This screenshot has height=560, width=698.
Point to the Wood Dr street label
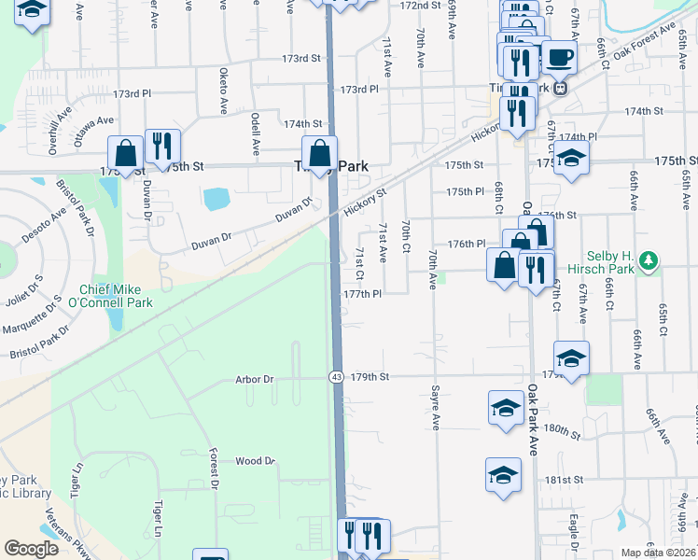(x=255, y=461)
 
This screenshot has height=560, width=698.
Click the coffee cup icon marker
(x=560, y=58)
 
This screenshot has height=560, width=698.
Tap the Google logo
(x=32, y=549)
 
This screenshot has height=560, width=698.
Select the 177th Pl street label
(x=363, y=294)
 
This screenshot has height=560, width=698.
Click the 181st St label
(x=565, y=480)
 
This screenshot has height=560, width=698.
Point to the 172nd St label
(x=419, y=6)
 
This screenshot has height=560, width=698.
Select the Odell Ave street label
(x=255, y=133)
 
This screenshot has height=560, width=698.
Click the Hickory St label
(x=365, y=203)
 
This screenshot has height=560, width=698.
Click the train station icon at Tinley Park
(x=560, y=89)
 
